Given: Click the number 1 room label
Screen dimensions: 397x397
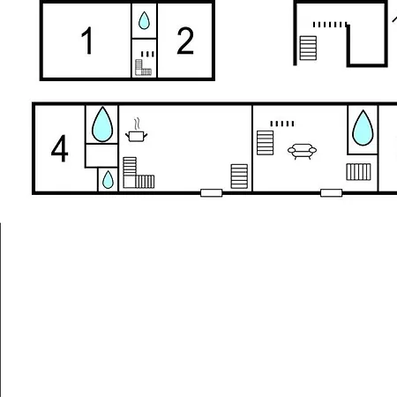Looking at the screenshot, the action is point(87,41).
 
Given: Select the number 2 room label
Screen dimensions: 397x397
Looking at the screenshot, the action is point(185,41).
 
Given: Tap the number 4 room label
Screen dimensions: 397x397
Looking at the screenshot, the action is point(60,148).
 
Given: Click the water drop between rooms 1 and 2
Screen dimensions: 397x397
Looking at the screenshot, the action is point(144,20).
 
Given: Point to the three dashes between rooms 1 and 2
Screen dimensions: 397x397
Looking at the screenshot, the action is point(147,54).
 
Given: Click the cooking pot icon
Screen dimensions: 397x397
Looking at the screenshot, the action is point(137,131).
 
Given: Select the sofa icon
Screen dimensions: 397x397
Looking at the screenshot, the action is point(302,151).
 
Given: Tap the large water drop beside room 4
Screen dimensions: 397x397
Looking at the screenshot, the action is point(102,124).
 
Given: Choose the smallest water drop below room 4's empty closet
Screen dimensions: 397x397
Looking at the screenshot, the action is point(108,180).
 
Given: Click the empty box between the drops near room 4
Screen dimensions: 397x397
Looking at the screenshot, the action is point(101,155).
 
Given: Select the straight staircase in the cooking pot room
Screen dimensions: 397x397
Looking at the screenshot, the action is point(239,176).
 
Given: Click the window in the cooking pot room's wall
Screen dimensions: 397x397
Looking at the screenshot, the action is point(212,193).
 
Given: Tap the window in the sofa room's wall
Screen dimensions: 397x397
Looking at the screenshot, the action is point(332,193).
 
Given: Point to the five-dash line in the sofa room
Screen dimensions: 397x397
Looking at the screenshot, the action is point(282,124).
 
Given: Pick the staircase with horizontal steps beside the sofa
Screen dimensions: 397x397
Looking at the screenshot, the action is point(266,143).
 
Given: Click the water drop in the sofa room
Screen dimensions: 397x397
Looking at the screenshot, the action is point(363,128).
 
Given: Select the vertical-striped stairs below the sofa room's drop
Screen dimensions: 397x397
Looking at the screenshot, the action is point(358,172).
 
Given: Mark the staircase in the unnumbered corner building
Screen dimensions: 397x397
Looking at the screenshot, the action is point(308,48).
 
